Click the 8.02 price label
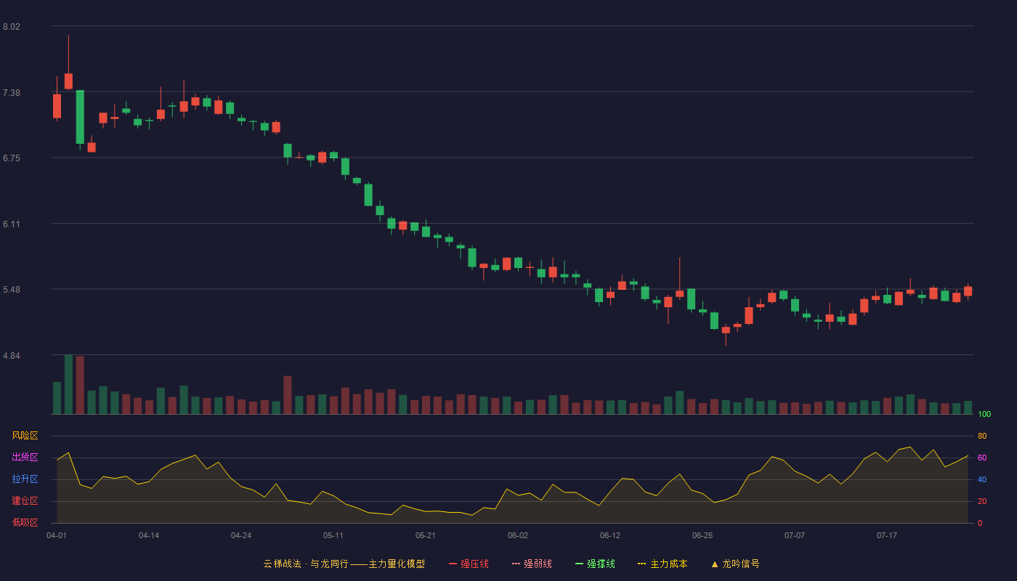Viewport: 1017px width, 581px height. pos(12,27)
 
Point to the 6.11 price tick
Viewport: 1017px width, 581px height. pos(12,224)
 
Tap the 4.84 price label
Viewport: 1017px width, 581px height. pos(12,356)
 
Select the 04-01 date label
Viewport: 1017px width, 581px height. pos(57,536)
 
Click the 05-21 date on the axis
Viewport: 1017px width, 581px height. pos(426,536)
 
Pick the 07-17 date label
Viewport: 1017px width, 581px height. pos(887,536)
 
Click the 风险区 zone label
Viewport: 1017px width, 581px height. pos(25,436)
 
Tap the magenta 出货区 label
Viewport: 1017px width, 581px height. pos(25,458)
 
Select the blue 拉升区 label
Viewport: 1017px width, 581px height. pos(25,479)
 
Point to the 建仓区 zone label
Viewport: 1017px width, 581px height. pos(25,501)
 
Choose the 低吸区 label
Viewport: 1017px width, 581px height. pos(25,523)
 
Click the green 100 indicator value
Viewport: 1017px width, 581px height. pos(984,415)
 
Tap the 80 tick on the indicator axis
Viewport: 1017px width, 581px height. pos(982,436)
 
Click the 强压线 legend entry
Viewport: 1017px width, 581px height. pos(469,564)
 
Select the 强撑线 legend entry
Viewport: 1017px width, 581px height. pos(595,564)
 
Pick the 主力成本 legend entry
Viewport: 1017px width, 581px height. pos(663,564)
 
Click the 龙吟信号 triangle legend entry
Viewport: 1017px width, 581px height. pos(735,564)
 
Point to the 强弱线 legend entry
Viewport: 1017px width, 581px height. pos(532,564)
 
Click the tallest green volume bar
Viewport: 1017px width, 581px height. pos(68,384)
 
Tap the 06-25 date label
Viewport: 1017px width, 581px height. pos(702,536)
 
